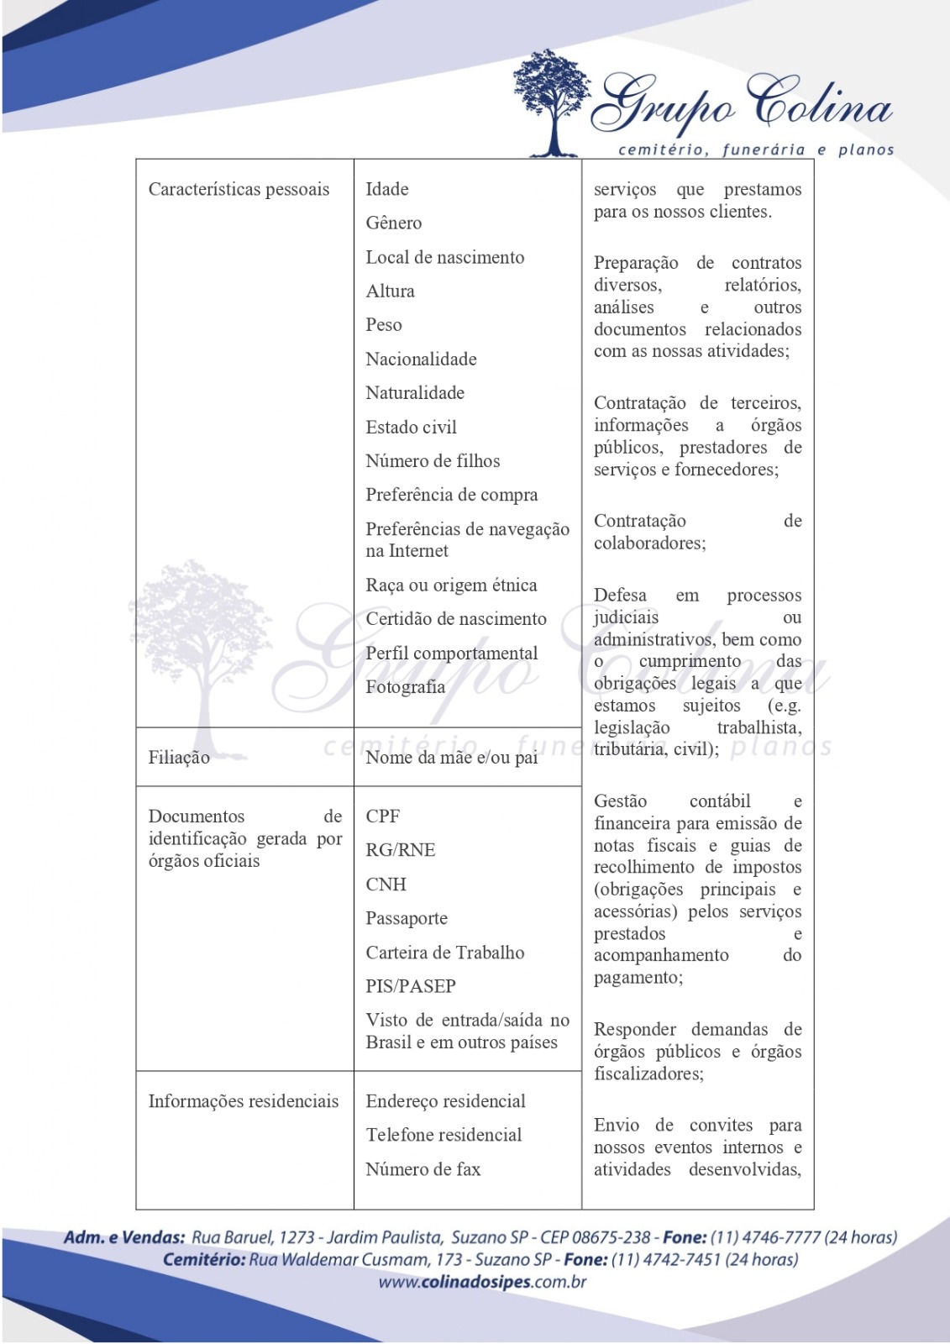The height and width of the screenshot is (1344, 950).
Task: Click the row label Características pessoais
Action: pos(239,190)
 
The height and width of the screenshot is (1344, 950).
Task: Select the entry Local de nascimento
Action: pos(444,258)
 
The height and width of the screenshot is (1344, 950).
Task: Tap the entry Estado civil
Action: pos(411,428)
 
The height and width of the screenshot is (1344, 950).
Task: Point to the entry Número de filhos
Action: pos(433,461)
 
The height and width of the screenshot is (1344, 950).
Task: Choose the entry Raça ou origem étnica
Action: pos(451,585)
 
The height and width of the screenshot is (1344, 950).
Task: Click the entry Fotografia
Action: pos(405,687)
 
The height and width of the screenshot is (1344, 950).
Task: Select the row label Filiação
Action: pos(179,758)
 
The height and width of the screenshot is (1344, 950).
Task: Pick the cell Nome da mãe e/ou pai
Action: pos(451,758)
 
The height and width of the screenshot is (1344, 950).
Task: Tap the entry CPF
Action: pos(382,816)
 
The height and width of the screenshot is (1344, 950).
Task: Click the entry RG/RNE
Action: pos(400,850)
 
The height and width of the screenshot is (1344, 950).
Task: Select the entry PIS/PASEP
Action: pos(411,986)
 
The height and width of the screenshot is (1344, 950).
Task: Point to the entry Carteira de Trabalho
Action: pos(444,953)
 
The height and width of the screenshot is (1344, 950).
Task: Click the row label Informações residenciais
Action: pos(244,1101)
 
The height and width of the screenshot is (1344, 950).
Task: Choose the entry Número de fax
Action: pos(423,1169)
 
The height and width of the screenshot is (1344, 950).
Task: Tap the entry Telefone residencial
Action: pos(444,1135)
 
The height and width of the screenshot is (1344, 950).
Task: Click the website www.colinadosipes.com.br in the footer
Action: pos(482,1282)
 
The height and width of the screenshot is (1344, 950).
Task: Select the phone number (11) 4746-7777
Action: pos(765,1237)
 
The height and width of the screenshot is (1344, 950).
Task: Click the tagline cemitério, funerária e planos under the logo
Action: pos(756,150)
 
